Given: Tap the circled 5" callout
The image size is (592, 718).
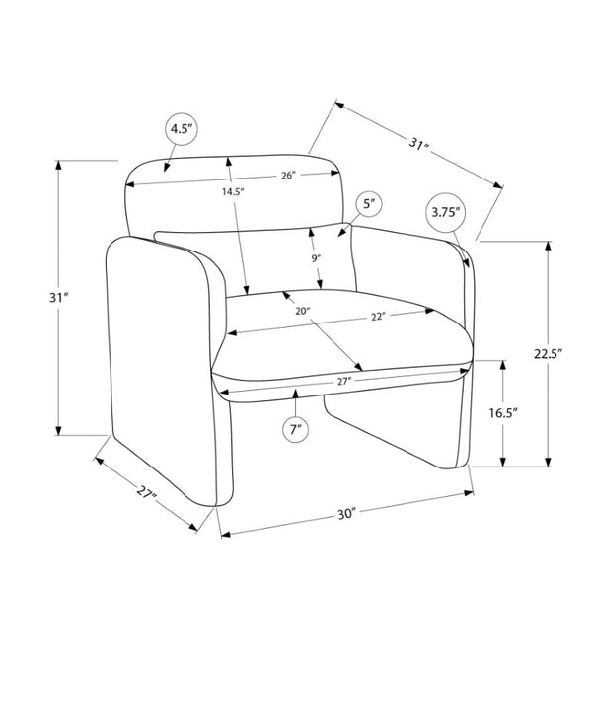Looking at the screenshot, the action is pos(369,204).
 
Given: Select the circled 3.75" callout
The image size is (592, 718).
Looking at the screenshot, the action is pos(445,212).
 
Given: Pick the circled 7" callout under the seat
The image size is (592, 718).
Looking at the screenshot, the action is pos(296,430).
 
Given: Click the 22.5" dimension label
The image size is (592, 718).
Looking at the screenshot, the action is pos(548,353).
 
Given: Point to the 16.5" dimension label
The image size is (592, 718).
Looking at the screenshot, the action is pos(502,413).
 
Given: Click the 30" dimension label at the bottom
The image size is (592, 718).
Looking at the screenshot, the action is pos(347,514).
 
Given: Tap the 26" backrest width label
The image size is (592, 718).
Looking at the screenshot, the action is pos(288,176).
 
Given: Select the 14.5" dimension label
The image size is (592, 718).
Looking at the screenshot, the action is pos(233,192).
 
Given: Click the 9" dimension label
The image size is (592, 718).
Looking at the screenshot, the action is pos(316,258).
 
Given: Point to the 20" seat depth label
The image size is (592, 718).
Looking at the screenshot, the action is pos(303,312).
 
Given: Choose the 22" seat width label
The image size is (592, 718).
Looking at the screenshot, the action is pos(378,317).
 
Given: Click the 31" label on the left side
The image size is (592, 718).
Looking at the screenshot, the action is pos(59,298).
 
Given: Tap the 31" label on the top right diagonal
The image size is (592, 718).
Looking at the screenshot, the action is pos(418,144).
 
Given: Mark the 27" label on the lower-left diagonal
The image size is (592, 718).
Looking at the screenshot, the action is pos(147,492).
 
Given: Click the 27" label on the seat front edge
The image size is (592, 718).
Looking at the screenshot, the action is pos(344,381).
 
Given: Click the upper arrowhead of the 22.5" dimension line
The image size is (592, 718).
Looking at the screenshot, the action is pos(548,246).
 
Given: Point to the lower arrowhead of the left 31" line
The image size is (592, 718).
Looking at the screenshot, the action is pos(58,430).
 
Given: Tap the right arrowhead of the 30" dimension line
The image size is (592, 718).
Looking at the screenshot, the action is pos(469,493).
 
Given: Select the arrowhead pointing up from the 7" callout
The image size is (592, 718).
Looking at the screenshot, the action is pos(296,394).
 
